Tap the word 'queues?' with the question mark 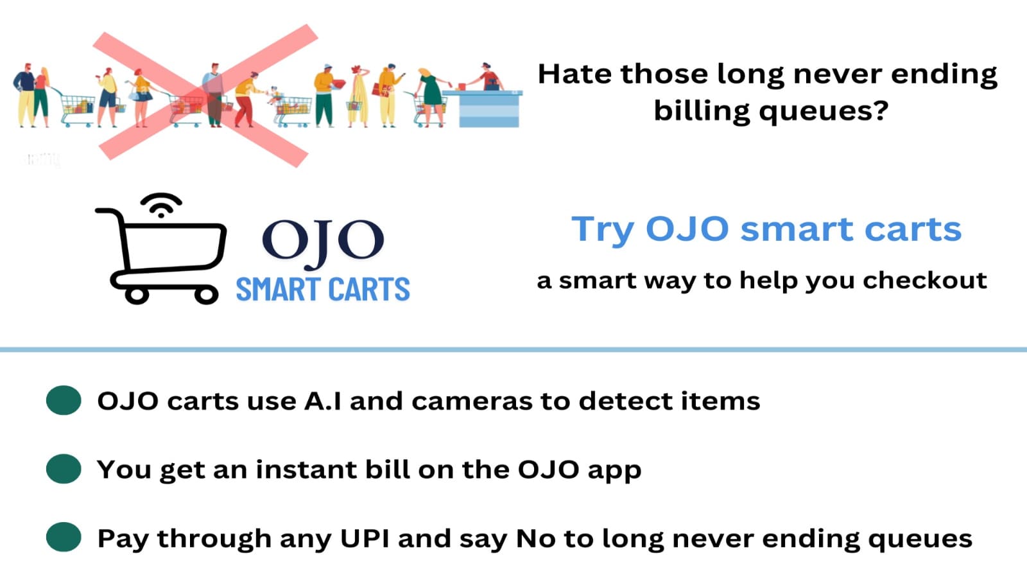(824, 112)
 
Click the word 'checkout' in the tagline (925, 280)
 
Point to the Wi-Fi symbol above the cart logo (161, 205)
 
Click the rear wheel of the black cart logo (206, 295)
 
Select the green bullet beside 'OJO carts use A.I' (64, 401)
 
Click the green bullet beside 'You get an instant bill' (64, 469)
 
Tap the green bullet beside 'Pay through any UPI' (64, 537)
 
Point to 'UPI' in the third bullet (365, 538)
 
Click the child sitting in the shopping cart (275, 96)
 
